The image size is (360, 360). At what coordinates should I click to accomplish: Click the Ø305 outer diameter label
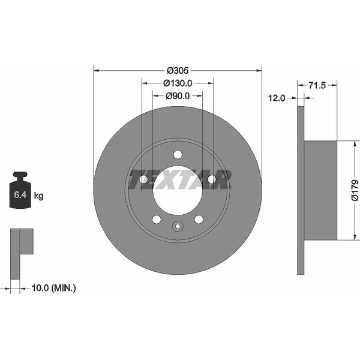point(178,70)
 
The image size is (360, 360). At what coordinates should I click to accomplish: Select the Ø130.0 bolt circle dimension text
point(178,83)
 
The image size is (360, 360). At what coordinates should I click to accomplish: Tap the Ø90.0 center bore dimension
point(178,96)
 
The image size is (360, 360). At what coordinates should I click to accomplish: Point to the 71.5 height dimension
point(317,85)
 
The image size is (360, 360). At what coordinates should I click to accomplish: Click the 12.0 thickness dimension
point(277,98)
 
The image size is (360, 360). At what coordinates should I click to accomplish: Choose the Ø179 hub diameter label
point(355,191)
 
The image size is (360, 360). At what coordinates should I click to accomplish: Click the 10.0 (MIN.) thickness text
point(53,288)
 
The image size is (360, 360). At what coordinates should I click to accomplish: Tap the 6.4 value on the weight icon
point(20,195)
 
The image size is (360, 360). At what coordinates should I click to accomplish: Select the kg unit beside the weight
point(38,196)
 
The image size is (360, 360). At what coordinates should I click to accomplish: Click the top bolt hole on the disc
point(178,155)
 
